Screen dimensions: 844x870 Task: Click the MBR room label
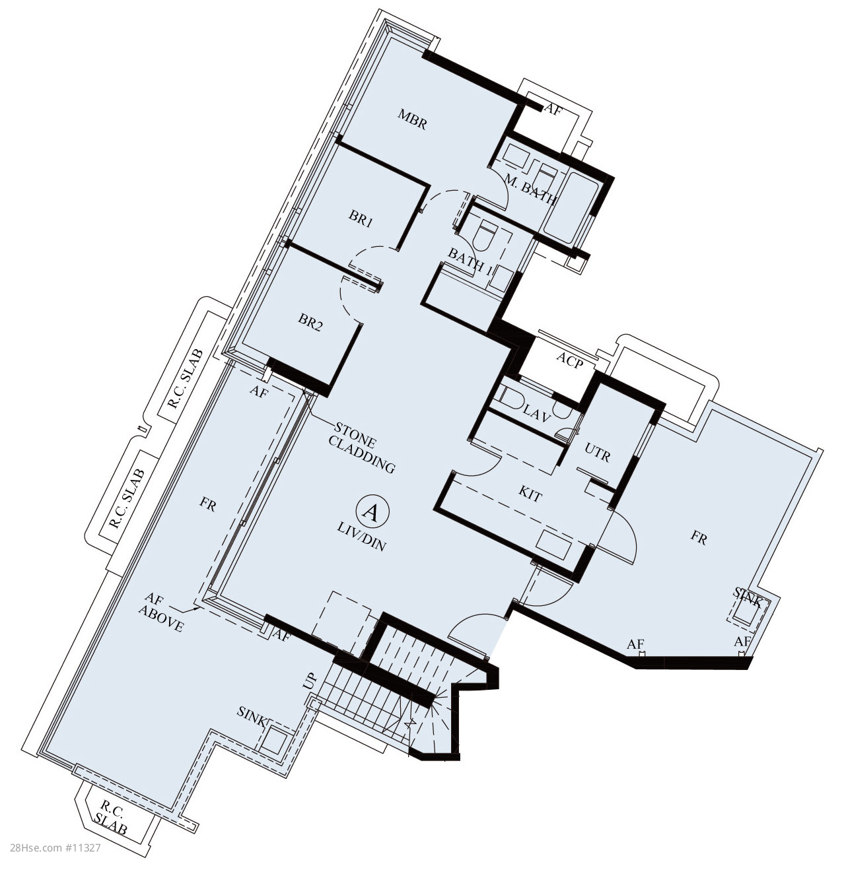coord(412,119)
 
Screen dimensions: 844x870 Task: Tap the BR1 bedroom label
coord(361,218)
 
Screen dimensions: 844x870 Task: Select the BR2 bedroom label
coord(310,322)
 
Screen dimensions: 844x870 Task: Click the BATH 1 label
coord(470,262)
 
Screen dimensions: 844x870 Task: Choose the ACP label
coord(571,360)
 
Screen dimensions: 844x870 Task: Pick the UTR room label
coord(597,454)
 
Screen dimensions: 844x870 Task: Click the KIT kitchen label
coord(530,495)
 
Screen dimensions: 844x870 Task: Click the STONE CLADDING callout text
coord(362,448)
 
